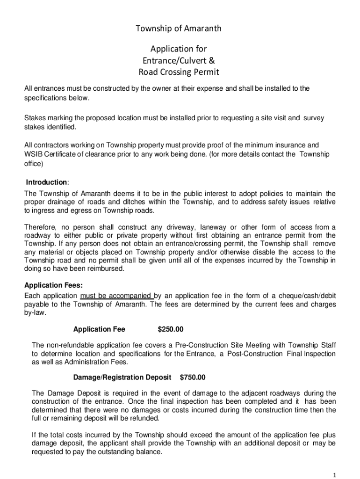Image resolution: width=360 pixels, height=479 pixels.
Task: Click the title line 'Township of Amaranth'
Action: coord(179,29)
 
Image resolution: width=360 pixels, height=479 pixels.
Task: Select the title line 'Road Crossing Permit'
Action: coord(179,72)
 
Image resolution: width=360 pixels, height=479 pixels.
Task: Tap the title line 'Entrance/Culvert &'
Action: coord(179,60)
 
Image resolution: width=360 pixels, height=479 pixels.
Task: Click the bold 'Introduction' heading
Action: coord(46,182)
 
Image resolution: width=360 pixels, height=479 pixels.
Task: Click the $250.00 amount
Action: coord(171,329)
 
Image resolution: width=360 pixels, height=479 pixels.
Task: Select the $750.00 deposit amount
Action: coord(193,377)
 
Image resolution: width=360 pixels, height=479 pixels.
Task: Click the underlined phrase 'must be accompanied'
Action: coord(117,296)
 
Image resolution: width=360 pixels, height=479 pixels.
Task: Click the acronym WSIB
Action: coord(33,154)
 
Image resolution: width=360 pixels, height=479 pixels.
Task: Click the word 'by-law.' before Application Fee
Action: coord(35,313)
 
